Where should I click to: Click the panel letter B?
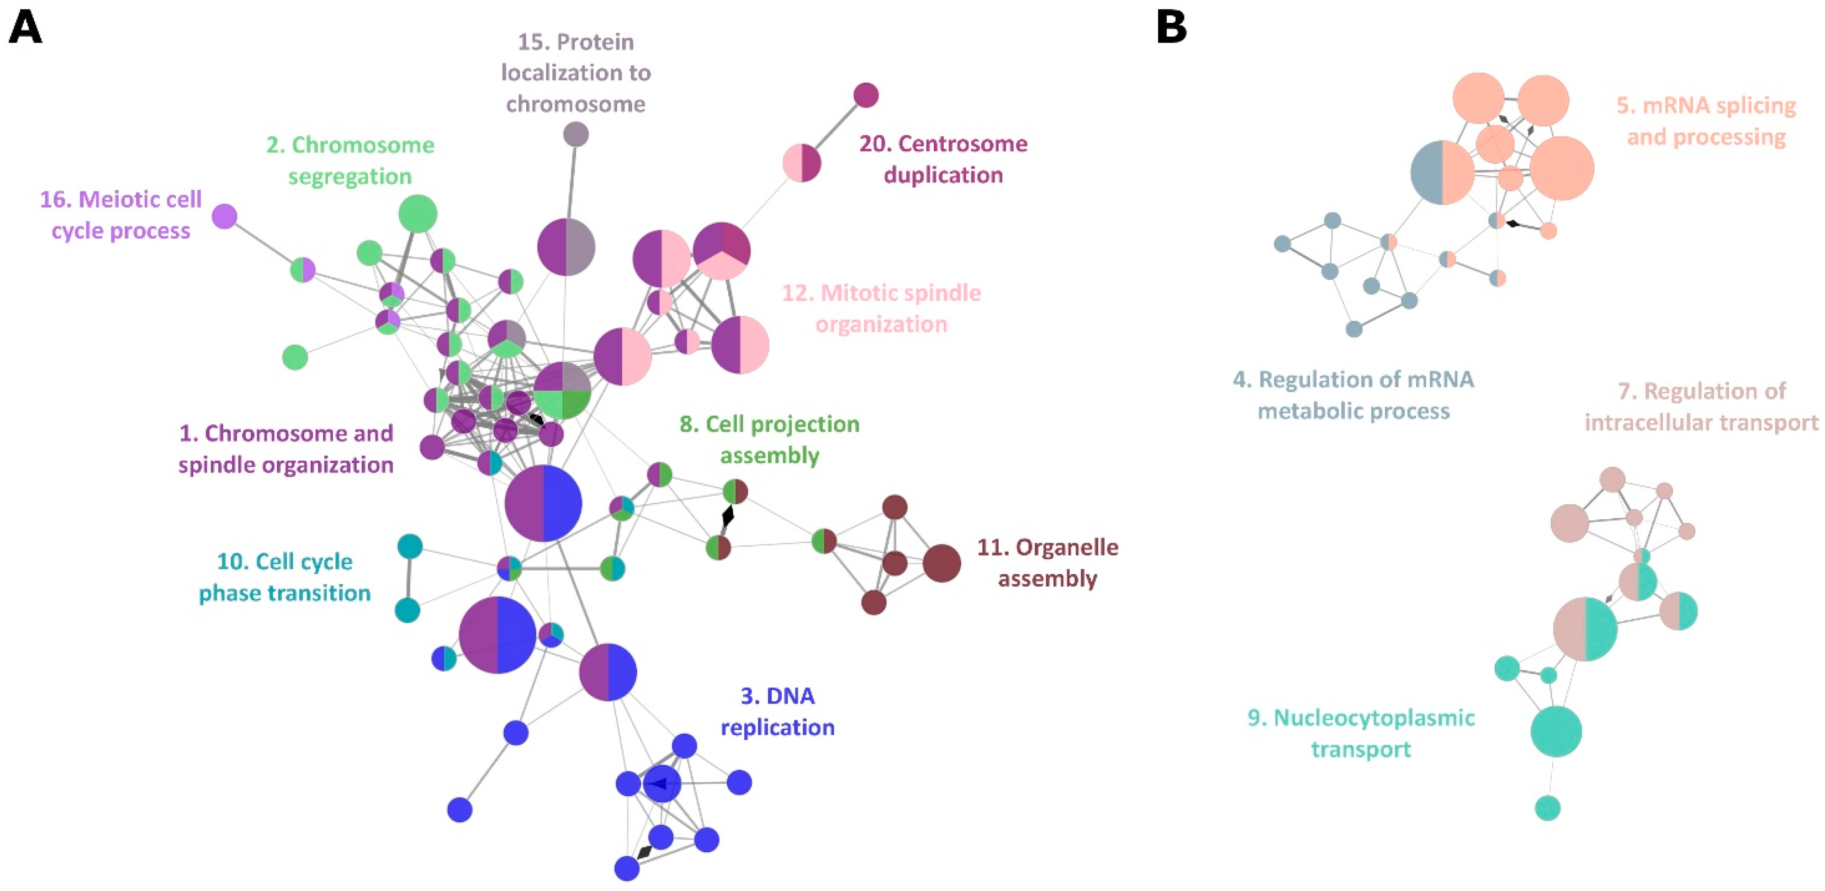click(x=1171, y=28)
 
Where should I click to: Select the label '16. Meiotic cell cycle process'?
click(x=121, y=215)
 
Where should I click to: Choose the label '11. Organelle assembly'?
click(x=1047, y=563)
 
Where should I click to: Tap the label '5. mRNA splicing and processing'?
click(x=1705, y=121)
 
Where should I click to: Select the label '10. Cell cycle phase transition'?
click(x=284, y=577)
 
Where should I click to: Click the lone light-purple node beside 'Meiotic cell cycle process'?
click(x=225, y=216)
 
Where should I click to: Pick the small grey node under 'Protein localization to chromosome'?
click(x=575, y=134)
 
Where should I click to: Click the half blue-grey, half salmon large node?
click(x=1443, y=172)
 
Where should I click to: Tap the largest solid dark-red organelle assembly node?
click(x=942, y=564)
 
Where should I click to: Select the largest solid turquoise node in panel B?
click(x=1556, y=731)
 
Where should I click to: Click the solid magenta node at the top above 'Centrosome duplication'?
click(x=866, y=95)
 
